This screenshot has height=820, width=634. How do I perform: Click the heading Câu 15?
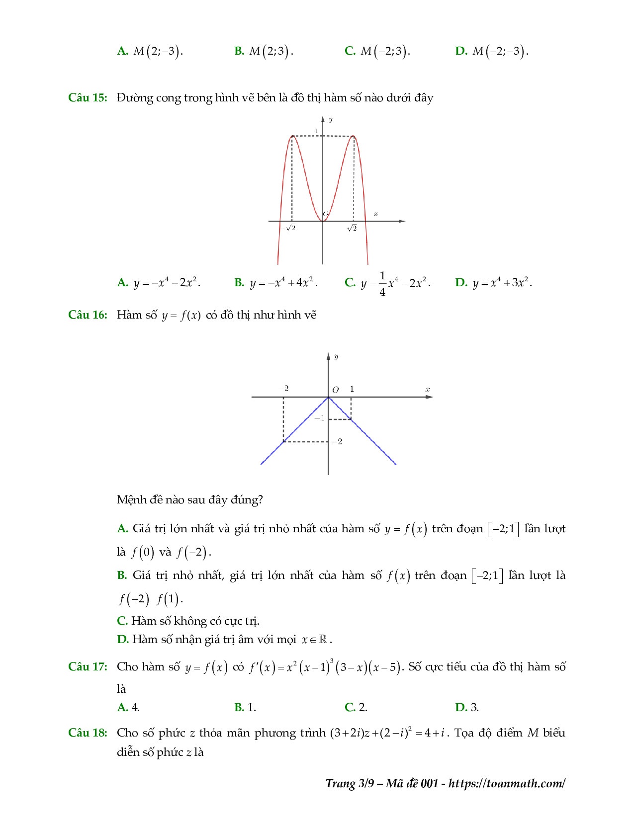tap(88, 97)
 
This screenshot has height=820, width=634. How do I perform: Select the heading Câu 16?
tap(88, 315)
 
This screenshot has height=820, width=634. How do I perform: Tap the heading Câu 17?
tap(88, 667)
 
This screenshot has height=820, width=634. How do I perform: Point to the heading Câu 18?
tap(88, 733)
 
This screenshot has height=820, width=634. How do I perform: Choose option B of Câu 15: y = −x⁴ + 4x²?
tap(276, 283)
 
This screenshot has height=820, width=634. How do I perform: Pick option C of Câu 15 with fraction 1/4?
tap(387, 283)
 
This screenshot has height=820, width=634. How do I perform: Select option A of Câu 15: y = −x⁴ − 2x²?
tap(159, 283)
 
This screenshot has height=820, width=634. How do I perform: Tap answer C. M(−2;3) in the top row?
tap(377, 51)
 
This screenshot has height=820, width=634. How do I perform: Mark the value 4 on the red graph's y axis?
tap(315, 131)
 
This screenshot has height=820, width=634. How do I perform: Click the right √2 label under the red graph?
tap(352, 228)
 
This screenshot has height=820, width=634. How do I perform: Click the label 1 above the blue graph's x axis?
tap(352, 389)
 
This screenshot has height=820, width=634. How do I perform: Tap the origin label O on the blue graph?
tap(335, 390)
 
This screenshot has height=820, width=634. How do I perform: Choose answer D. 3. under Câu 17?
tap(467, 707)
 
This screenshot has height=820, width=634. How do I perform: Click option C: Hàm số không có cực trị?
tap(188, 621)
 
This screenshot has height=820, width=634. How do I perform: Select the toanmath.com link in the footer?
tap(507, 784)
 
